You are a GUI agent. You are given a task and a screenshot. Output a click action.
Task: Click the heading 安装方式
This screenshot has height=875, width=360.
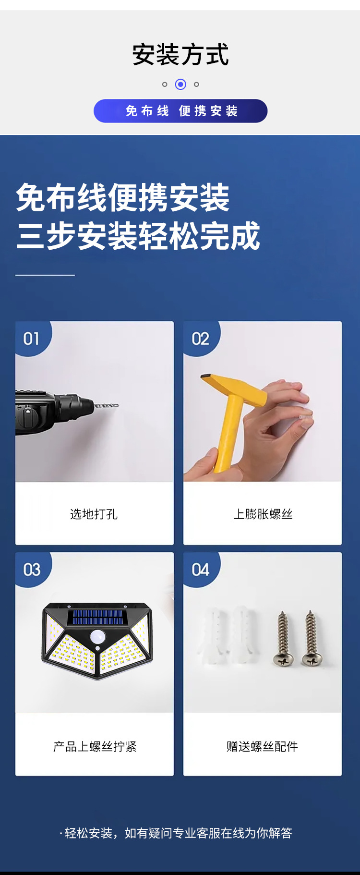pyautogui.click(x=180, y=54)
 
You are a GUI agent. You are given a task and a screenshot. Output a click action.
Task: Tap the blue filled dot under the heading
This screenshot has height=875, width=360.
pyautogui.click(x=180, y=85)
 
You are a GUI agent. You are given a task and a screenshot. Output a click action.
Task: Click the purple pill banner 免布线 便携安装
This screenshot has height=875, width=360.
pyautogui.click(x=180, y=111)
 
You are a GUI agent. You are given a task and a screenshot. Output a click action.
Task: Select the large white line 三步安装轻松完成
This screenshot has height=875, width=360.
pyautogui.click(x=138, y=236)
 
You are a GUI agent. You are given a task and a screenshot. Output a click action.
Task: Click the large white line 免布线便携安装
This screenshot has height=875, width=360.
pyautogui.click(x=123, y=197)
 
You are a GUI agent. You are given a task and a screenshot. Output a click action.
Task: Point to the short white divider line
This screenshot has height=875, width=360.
pyautogui.click(x=45, y=275)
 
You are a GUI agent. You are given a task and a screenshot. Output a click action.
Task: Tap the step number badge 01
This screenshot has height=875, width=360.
pyautogui.click(x=31, y=339)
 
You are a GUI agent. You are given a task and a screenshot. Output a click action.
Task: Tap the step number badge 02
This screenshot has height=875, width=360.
pyautogui.click(x=200, y=339)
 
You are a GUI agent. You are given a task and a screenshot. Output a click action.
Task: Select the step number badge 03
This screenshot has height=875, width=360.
pyautogui.click(x=32, y=570)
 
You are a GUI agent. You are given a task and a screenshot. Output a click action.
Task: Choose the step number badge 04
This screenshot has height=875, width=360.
pyautogui.click(x=200, y=570)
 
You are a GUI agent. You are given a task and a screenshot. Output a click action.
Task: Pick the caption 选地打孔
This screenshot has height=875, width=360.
pyautogui.click(x=94, y=514)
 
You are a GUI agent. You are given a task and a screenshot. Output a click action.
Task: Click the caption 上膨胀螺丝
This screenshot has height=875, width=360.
pyautogui.click(x=263, y=514)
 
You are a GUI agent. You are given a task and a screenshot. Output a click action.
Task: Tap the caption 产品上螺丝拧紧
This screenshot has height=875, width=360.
pyautogui.click(x=95, y=746)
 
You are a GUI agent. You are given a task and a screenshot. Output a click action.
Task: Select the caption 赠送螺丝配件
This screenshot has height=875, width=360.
pyautogui.click(x=262, y=746)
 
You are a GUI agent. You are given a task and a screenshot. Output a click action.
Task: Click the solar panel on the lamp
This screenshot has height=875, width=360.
pyautogui.click(x=97, y=617)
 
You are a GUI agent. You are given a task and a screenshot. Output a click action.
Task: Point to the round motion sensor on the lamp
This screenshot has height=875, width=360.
pyautogui.click(x=98, y=637)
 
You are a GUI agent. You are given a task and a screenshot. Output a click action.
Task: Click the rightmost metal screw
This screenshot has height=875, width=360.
pyautogui.click(x=311, y=639)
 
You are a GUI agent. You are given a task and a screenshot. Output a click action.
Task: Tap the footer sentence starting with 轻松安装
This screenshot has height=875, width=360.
pyautogui.click(x=178, y=833)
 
